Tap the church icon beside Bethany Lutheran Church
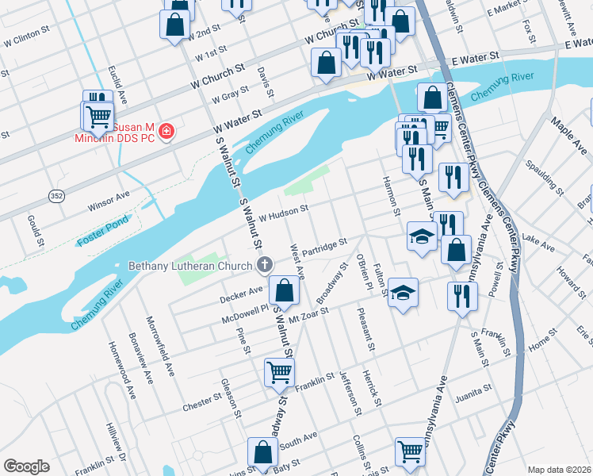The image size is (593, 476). coord(266,264)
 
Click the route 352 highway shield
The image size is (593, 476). coord(55,196)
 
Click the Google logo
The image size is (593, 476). coord(26,466)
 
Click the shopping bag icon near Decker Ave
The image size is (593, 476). coord(284,291)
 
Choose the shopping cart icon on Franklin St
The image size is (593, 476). coord(279,371)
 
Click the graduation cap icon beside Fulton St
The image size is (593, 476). coord(403,292)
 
